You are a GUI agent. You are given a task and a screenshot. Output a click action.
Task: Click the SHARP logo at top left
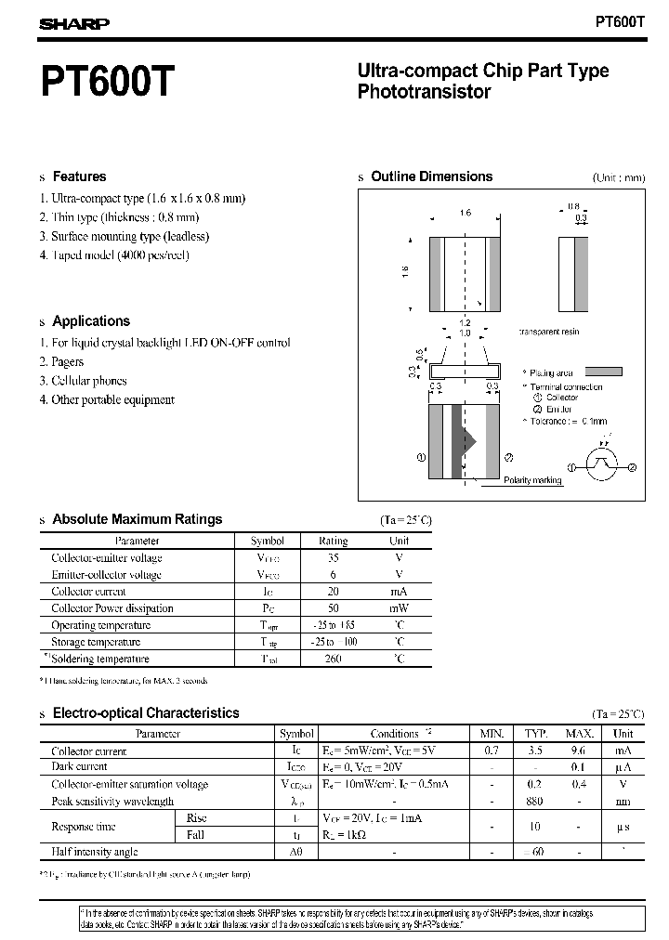74,25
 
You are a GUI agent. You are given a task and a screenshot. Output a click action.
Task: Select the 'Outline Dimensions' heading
431,176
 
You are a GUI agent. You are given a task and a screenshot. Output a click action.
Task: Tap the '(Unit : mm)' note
618,177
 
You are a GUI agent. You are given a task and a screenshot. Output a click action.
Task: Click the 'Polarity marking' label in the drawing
532,480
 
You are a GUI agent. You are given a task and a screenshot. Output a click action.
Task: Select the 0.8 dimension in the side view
573,207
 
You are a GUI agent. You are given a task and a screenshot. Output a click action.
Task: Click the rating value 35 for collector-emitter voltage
333,558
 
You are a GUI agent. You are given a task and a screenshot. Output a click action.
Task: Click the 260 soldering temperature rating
333,659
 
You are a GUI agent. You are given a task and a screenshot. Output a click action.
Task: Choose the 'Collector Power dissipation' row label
111,608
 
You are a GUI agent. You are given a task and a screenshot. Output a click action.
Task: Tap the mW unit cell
399,608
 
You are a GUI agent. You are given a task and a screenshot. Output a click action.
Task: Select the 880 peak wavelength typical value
533,801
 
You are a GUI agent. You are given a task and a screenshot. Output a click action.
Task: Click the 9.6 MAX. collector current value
577,751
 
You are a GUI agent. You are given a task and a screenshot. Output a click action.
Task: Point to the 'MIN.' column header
491,734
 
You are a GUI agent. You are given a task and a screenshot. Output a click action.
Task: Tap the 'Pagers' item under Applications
67,362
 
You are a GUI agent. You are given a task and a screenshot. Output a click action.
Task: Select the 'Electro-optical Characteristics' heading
146,713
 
